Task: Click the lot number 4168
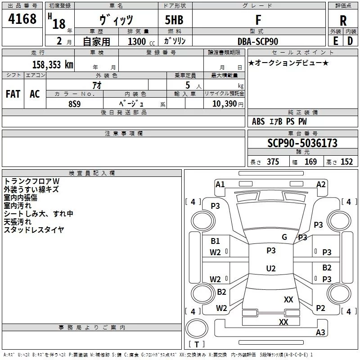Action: tap(22, 19)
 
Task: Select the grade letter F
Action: tap(258, 20)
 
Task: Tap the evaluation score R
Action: tap(343, 21)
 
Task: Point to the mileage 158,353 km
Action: tap(53, 64)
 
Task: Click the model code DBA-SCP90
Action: tap(258, 41)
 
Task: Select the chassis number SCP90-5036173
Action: tap(302, 143)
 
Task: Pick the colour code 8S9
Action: tap(75, 103)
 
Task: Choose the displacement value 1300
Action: tap(136, 42)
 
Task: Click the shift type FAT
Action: tap(13, 94)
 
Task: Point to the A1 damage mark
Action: tap(220, 184)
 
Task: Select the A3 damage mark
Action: tap(320, 333)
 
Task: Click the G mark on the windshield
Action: tap(284, 237)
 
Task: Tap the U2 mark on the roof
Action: tap(271, 269)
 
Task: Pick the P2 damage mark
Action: tap(320, 308)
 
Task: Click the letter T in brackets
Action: tap(196, 345)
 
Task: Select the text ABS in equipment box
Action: tap(258, 121)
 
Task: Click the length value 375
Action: tap(272, 162)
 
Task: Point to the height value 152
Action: tap(346, 162)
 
